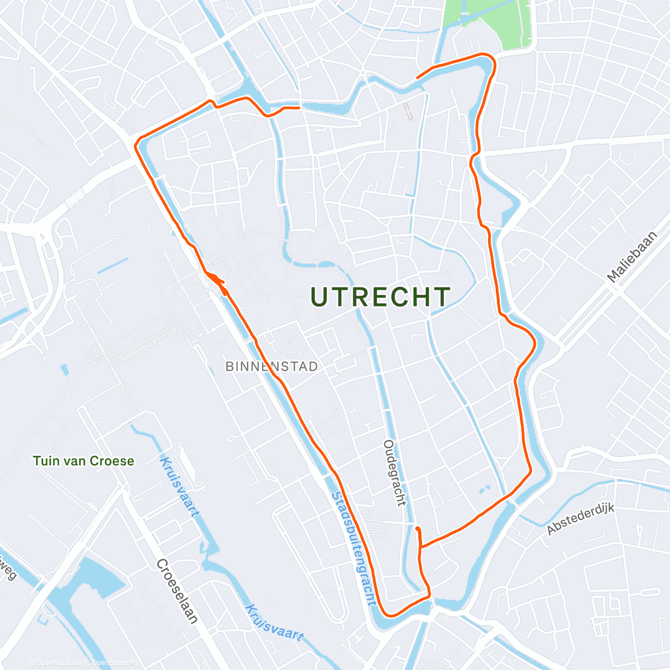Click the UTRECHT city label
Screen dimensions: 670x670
pyautogui.click(x=380, y=297)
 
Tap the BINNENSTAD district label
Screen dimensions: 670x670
pyautogui.click(x=272, y=367)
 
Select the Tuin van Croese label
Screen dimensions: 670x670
pyautogui.click(x=84, y=461)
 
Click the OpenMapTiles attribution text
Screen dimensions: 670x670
pyautogui.click(x=59, y=663)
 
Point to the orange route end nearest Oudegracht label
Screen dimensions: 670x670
pyautogui.click(x=418, y=528)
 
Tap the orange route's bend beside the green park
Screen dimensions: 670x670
pyautogui.click(x=491, y=59)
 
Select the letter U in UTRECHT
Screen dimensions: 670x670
pyautogui.click(x=319, y=297)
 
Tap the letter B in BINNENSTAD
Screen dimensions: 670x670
pyautogui.click(x=229, y=367)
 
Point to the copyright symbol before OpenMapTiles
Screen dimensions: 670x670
pyautogui.click(x=31, y=663)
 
